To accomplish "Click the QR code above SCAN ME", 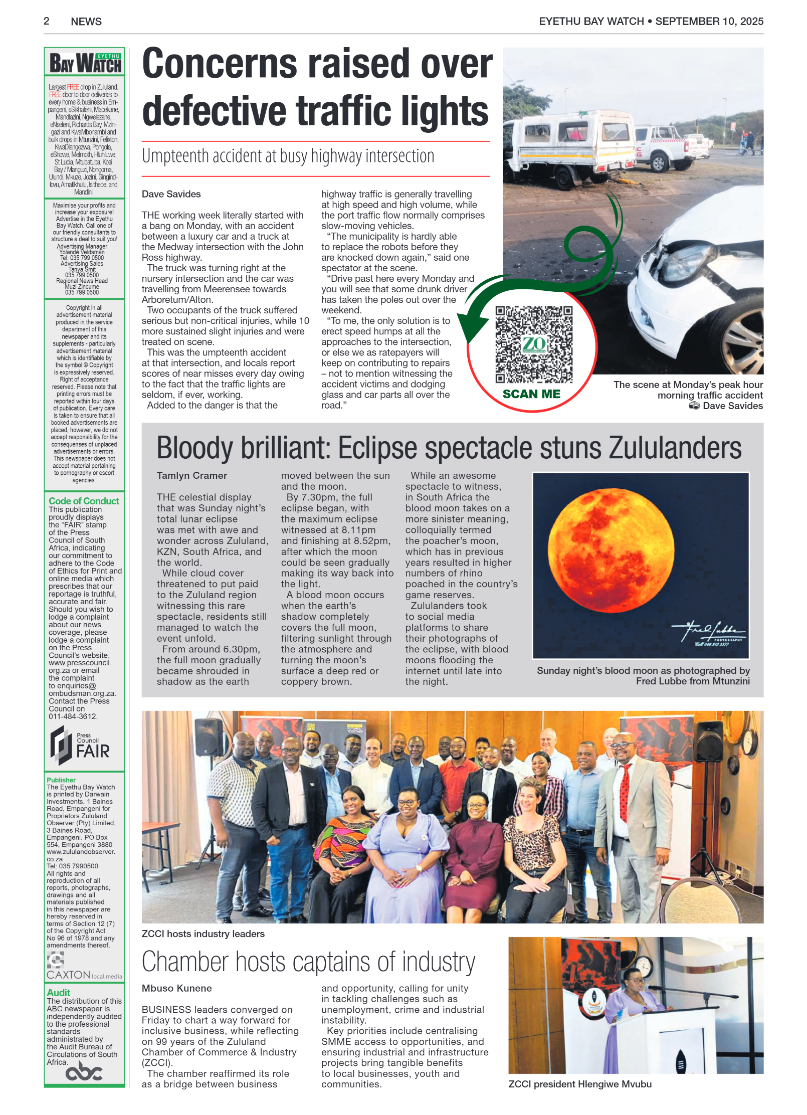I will (533, 345).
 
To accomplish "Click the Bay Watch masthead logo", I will (85, 63).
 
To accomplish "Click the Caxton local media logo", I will (83, 967).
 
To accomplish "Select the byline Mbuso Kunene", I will (176, 988).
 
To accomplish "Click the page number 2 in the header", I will (47, 21).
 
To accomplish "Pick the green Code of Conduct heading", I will (84, 501).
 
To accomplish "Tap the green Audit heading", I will (58, 993).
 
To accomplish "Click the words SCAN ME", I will (531, 394).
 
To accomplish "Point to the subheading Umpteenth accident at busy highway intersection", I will (288, 156).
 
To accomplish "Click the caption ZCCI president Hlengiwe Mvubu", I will (580, 1084).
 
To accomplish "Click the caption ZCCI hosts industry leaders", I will (203, 934).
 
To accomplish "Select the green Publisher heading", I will (61, 780).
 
